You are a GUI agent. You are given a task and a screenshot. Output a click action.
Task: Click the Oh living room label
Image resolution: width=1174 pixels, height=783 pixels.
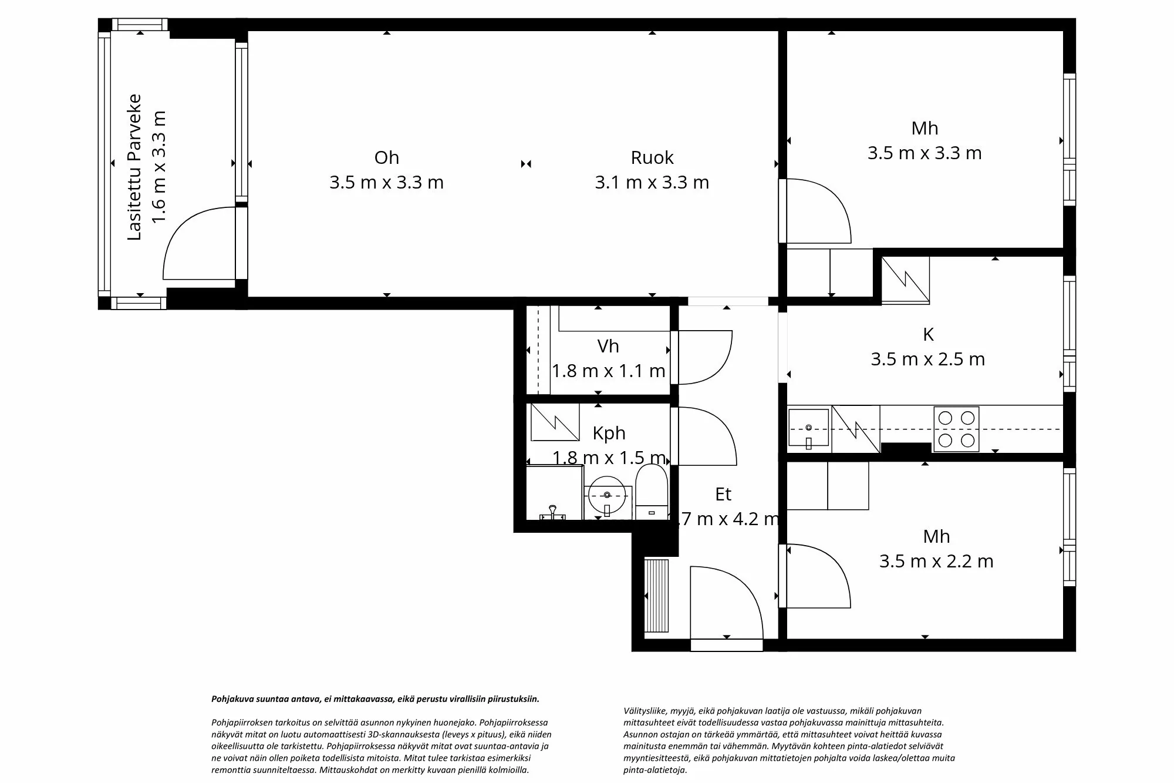click(386, 157)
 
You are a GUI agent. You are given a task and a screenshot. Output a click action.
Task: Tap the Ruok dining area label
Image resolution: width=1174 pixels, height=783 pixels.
click(652, 157)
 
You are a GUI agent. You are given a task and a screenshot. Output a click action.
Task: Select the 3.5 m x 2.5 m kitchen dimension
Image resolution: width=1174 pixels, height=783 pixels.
click(927, 359)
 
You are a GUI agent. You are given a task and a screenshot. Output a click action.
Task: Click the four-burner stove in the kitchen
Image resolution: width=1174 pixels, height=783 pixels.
click(956, 429)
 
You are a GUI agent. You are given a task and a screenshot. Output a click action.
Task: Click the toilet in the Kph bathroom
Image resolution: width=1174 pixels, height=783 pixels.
click(652, 492)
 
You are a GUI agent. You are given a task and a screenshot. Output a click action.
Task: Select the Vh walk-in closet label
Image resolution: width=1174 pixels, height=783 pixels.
click(608, 346)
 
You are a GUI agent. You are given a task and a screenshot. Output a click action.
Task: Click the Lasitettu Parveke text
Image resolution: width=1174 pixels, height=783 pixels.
click(135, 167)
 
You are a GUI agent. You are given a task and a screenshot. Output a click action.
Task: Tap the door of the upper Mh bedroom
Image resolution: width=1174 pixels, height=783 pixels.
click(816, 211)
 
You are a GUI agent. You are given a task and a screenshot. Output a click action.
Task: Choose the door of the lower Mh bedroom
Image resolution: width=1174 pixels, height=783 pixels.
click(816, 576)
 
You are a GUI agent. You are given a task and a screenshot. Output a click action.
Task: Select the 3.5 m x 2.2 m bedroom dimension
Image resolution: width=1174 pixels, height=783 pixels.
click(936, 561)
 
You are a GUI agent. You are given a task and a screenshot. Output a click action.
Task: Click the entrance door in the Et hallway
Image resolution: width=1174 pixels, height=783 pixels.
click(727, 605)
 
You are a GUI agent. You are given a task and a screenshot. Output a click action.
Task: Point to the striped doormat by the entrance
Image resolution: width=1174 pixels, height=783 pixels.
click(656, 596)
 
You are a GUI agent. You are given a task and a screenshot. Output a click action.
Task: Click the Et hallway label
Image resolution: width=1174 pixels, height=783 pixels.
click(723, 494)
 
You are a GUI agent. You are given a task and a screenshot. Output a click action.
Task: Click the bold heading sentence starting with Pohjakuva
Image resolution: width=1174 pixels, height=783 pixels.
click(375, 699)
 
